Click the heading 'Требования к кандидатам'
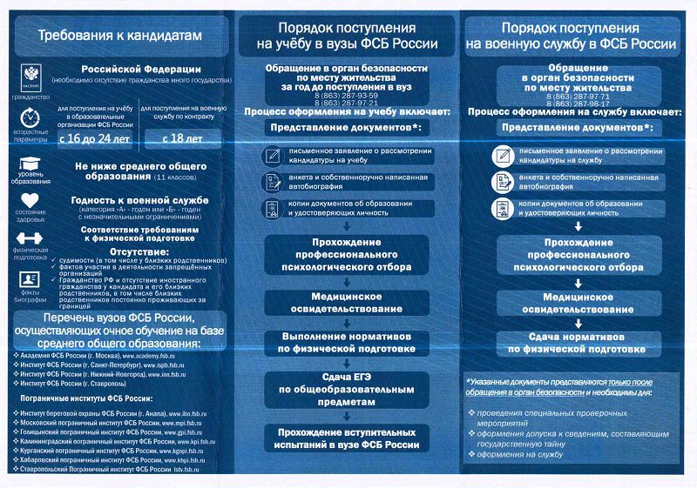[119, 36]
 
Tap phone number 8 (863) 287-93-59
[347, 95]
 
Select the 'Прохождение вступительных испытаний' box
[348, 438]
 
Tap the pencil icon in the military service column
[502, 156]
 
